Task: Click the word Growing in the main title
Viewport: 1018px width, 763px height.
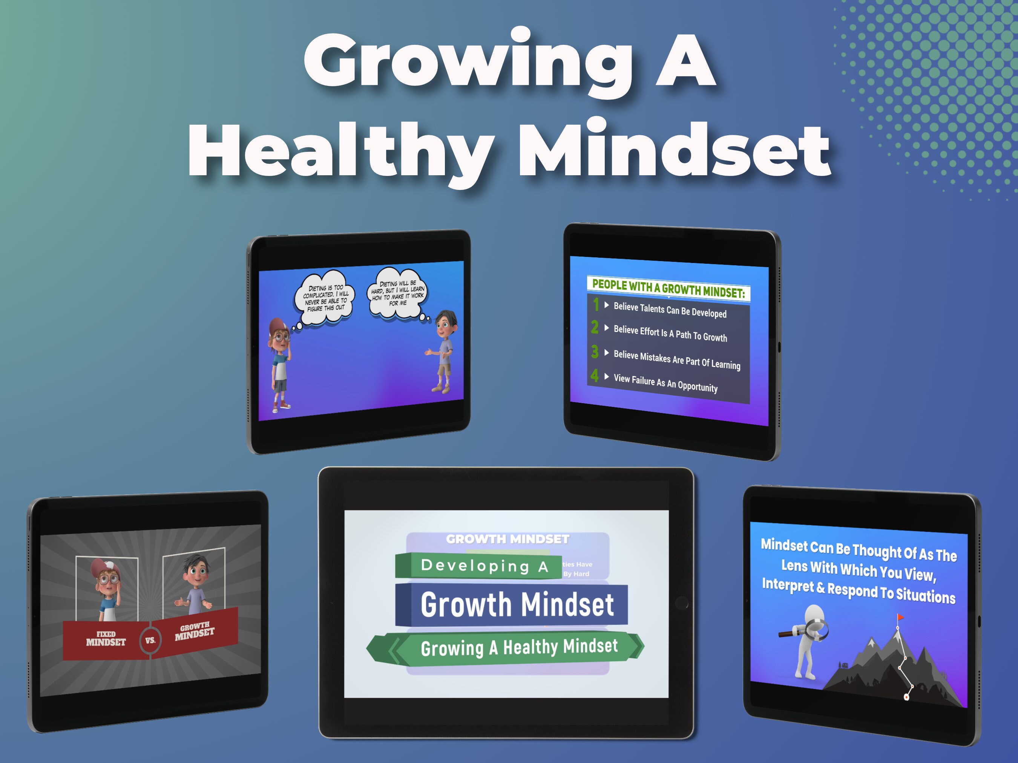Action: tap(467, 62)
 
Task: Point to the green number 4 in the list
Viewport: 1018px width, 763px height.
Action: tap(595, 375)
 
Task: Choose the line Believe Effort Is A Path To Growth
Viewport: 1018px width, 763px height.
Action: tap(670, 333)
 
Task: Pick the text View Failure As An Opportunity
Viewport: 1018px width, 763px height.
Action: tap(665, 383)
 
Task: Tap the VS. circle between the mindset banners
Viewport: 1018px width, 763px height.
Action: tap(150, 640)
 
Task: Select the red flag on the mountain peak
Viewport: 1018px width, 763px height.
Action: tap(900, 617)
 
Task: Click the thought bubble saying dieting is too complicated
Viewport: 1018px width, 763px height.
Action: tap(325, 298)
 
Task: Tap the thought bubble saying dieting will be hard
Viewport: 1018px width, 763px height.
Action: tap(398, 294)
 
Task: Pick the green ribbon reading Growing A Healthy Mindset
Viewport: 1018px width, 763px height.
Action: tap(519, 648)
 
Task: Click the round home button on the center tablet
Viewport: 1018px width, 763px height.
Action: tap(682, 602)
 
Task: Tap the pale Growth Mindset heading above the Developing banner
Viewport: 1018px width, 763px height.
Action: tap(507, 539)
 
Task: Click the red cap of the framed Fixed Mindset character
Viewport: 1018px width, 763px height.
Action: tap(104, 568)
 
